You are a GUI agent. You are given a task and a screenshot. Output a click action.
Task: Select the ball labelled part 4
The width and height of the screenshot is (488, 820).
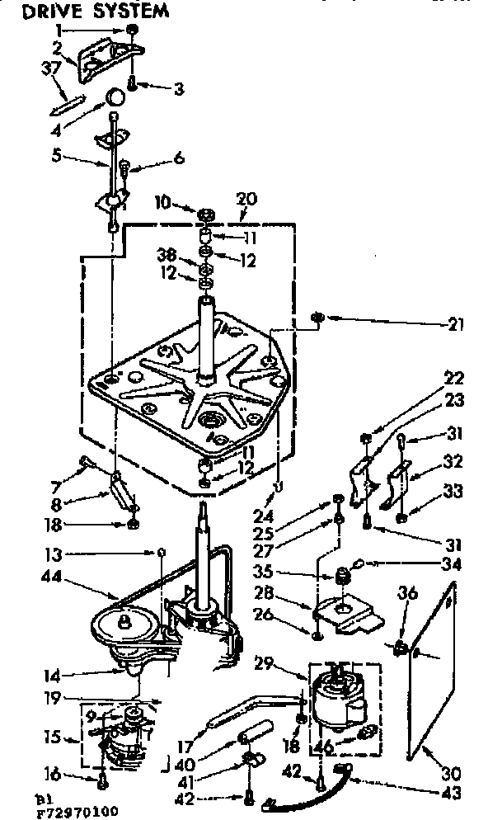click(115, 99)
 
